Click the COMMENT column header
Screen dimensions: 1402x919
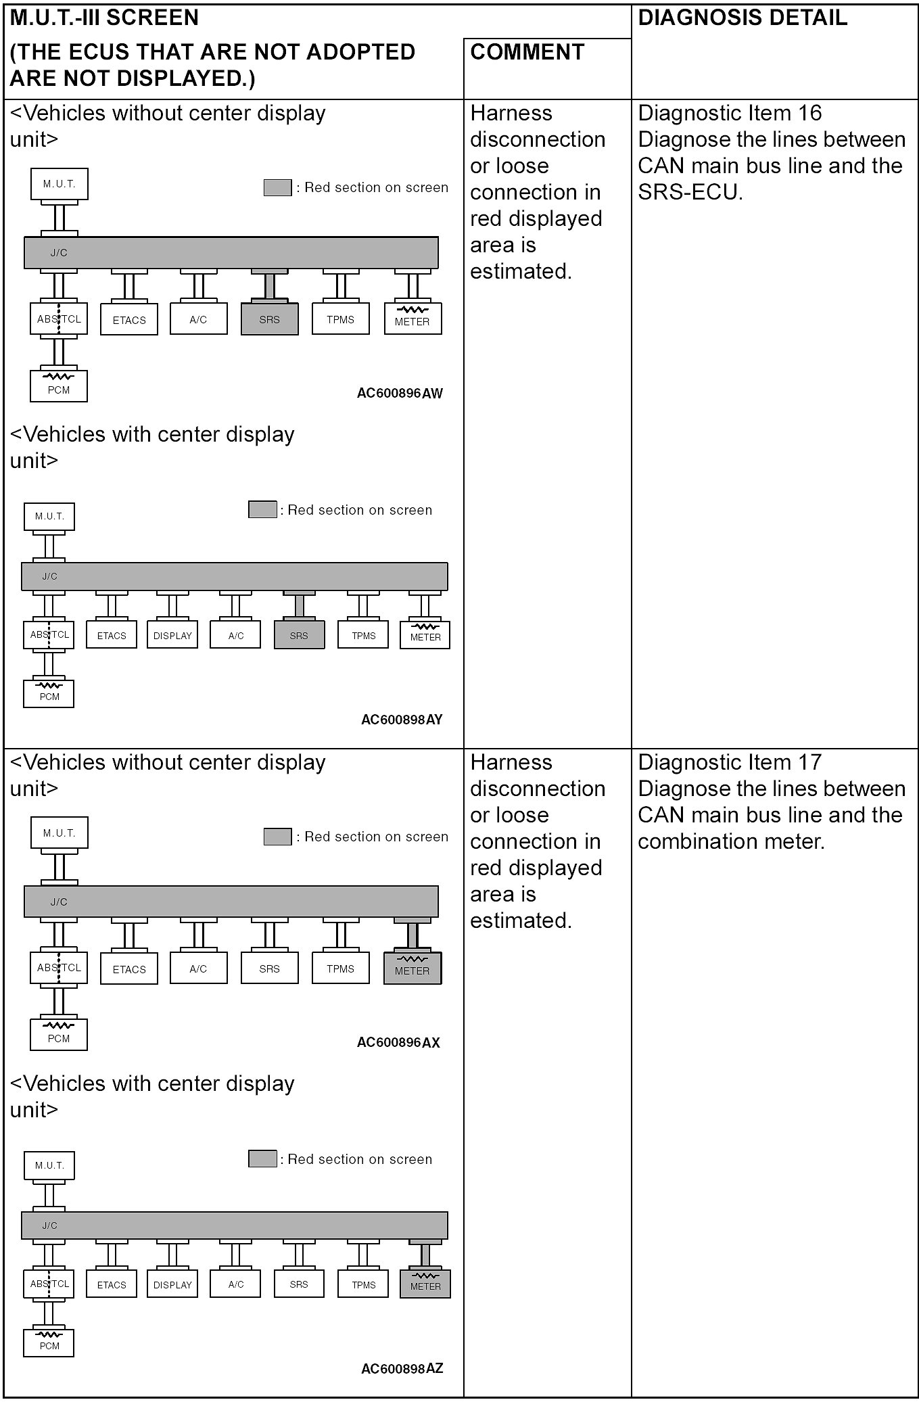tap(527, 53)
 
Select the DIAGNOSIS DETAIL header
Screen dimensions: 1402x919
tap(743, 18)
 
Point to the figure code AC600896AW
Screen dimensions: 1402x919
tap(400, 394)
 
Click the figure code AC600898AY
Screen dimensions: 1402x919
tap(402, 720)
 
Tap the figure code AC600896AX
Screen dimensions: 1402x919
tap(398, 1042)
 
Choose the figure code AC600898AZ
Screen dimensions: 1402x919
tap(402, 1369)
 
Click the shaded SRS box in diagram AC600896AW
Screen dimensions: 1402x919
tap(269, 319)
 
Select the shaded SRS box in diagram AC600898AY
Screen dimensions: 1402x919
tap(299, 636)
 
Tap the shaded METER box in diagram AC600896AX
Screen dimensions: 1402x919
tap(413, 968)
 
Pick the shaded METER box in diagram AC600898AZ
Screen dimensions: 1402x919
tap(425, 1284)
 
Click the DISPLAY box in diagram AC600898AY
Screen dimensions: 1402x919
tap(172, 636)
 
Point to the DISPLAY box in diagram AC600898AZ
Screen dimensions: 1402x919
tap(172, 1284)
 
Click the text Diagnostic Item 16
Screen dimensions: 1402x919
tap(730, 113)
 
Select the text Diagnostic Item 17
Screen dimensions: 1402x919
tap(730, 762)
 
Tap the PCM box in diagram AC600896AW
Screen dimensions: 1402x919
tap(59, 386)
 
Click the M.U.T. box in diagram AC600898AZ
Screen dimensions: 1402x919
tap(49, 1165)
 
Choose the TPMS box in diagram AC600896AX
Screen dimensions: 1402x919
tap(341, 968)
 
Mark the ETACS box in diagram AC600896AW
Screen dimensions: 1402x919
tap(129, 320)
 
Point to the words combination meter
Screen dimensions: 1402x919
tap(730, 842)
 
